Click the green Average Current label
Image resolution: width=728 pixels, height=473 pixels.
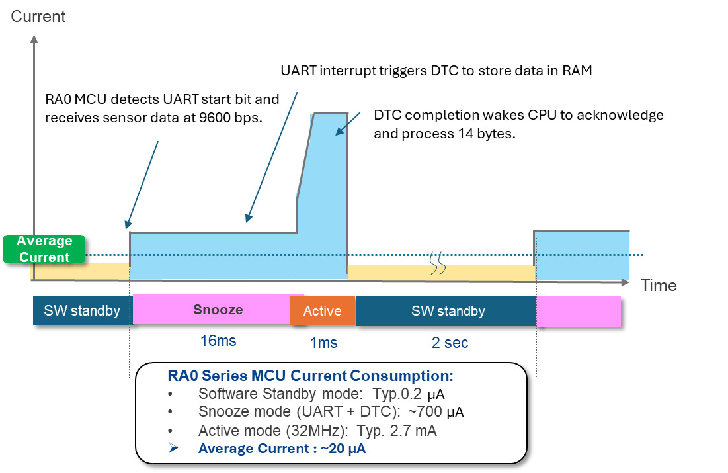coord(44,249)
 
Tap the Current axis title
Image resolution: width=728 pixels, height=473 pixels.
coord(38,17)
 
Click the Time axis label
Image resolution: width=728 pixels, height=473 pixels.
coord(658,285)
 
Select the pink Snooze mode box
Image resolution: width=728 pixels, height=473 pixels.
coord(218,310)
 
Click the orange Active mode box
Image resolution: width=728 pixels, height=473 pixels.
coord(322,311)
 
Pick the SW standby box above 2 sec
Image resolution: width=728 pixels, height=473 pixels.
coord(448,311)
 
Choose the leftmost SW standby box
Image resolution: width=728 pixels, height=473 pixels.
coord(82,311)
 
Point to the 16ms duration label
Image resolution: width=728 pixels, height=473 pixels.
coord(218,341)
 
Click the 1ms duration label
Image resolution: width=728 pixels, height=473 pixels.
coord(323,343)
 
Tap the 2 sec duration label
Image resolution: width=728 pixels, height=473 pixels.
coord(450,343)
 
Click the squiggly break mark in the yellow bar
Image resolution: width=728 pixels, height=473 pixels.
coord(438,263)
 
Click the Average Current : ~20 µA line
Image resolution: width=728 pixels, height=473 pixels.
coord(282,449)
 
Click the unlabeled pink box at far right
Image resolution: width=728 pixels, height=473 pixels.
coord(578,311)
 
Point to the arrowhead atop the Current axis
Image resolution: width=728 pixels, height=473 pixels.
coord(34,38)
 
